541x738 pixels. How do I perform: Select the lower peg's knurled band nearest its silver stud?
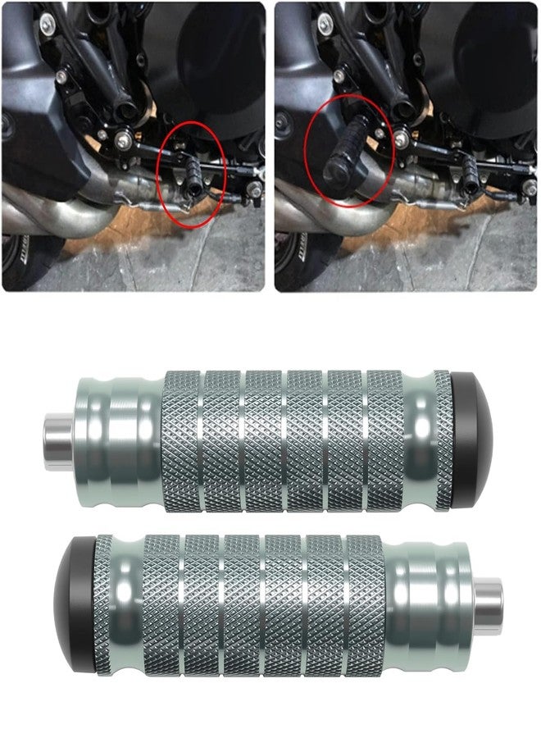(364, 605)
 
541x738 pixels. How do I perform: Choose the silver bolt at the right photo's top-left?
(325, 20)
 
